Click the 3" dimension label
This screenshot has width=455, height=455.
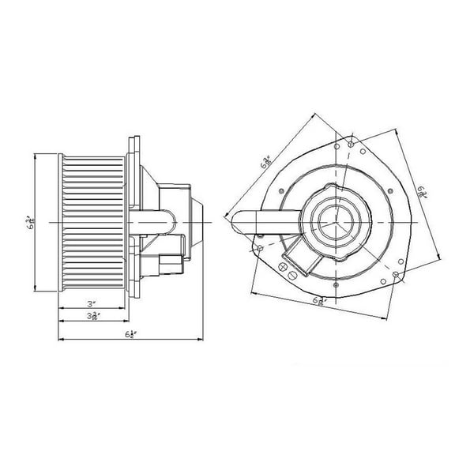[92, 303]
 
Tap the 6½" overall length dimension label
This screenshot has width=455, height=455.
[130, 336]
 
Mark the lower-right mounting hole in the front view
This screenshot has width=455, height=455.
[395, 274]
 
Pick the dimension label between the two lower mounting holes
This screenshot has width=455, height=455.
[319, 300]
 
